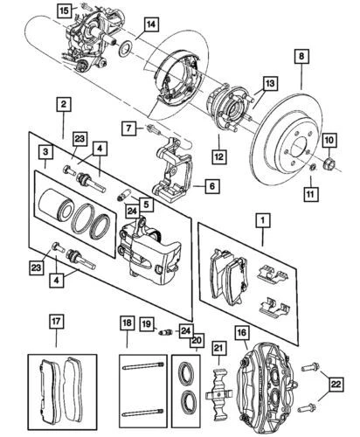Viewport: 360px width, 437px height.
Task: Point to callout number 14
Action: [151, 24]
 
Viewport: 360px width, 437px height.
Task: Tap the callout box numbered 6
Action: [209, 184]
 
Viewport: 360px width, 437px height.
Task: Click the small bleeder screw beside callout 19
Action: [163, 332]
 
